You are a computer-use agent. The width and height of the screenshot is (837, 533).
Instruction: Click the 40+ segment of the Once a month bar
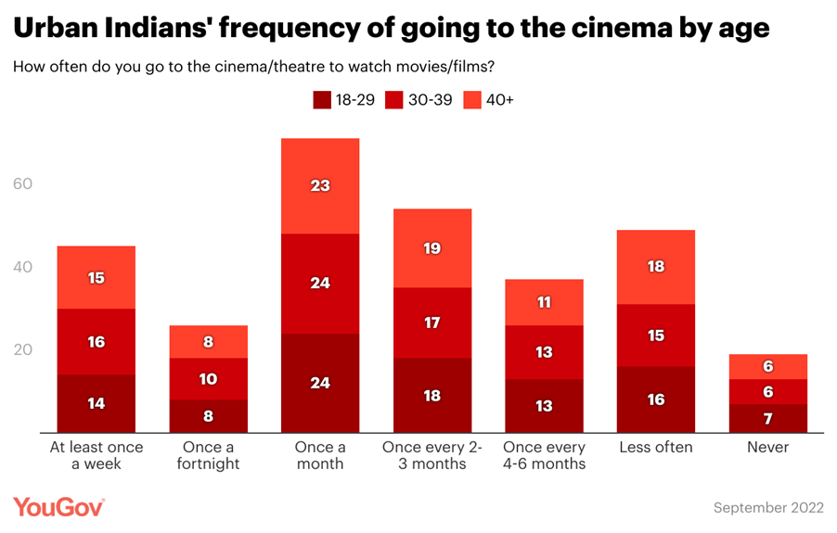tap(320, 185)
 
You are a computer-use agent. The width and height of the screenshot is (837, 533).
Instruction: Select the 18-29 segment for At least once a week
tap(97, 403)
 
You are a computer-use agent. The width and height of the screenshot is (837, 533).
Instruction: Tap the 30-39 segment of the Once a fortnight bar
tap(208, 379)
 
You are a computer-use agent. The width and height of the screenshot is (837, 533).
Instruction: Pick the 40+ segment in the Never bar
tap(767, 366)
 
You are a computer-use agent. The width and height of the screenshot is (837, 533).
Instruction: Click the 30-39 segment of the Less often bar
tap(656, 336)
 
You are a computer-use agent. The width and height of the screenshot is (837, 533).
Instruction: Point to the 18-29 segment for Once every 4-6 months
tap(544, 405)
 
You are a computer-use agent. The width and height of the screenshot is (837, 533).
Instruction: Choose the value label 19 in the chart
tap(431, 248)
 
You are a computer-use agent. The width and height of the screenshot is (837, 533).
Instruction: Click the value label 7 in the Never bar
tap(767, 417)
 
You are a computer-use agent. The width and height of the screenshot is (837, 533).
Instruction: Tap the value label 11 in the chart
tap(544, 302)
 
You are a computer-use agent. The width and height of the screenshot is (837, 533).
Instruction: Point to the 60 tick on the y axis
tap(22, 184)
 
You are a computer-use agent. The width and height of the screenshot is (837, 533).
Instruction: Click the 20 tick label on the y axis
tap(22, 350)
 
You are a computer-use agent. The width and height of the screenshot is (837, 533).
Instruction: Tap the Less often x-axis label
tap(656, 448)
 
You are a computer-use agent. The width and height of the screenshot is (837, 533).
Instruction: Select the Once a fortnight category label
tap(208, 455)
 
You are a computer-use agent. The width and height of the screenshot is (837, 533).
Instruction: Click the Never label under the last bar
tap(767, 448)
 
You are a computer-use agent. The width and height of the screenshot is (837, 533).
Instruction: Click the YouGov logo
tap(58, 507)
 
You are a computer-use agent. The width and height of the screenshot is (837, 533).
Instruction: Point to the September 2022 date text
tap(767, 508)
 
